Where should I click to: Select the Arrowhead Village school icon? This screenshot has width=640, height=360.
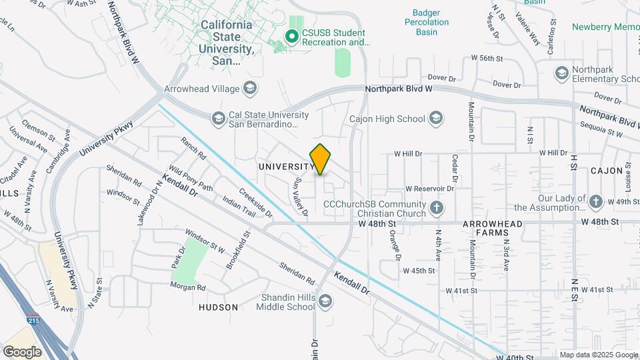250,87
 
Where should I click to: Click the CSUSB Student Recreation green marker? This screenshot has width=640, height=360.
291,36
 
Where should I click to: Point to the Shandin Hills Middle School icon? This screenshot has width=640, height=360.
325,301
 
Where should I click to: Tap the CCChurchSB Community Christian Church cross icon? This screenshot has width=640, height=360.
437,207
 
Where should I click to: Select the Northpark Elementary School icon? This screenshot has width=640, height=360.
561,73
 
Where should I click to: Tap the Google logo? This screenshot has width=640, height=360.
22,351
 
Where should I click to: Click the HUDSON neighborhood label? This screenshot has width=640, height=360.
218,307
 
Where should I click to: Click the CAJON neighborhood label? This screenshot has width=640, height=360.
606,171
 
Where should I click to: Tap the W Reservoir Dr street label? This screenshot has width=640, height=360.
429,189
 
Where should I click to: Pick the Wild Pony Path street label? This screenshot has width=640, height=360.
190,179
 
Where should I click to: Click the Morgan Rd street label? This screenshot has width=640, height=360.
188,287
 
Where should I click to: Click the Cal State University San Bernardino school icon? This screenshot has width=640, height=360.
218,119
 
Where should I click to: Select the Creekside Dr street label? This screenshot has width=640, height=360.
255,205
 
